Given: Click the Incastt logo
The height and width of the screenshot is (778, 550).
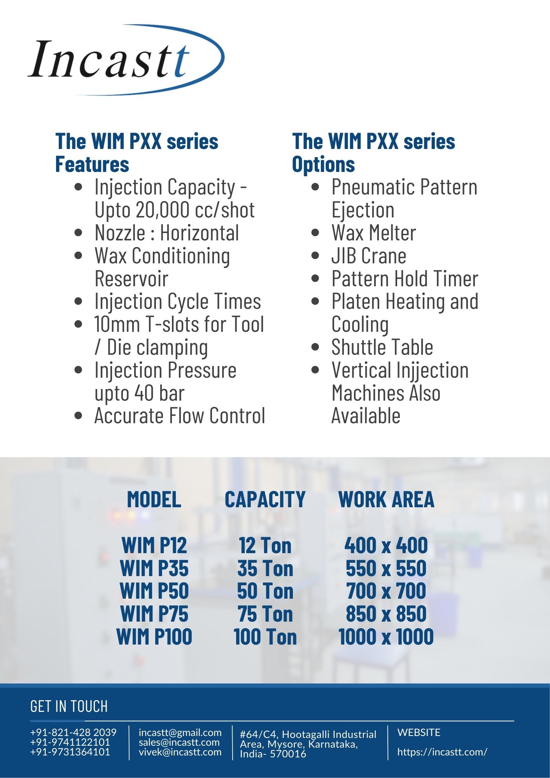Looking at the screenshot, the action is (126, 60).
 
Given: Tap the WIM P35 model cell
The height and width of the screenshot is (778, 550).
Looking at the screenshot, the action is (154, 568).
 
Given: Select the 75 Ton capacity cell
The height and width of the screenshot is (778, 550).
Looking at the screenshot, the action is (265, 614).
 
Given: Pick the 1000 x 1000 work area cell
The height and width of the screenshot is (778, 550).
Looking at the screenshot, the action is (386, 637).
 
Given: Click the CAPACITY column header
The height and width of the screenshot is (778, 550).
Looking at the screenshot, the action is (265, 499).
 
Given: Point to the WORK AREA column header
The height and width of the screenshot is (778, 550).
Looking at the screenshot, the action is (386, 499).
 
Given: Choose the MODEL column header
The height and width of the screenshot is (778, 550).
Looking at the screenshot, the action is (154, 499).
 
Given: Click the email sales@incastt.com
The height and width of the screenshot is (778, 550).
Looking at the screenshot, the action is (179, 742).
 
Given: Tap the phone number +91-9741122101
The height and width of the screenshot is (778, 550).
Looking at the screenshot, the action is (70, 742).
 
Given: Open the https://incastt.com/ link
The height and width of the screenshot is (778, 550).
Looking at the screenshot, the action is (442, 752).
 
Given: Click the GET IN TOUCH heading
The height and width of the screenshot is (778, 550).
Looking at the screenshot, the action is (69, 706).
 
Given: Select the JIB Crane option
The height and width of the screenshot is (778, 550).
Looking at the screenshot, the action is (369, 256).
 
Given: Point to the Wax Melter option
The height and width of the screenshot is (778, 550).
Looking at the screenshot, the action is (373, 233).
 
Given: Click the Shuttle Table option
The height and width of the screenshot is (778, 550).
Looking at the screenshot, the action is (382, 347).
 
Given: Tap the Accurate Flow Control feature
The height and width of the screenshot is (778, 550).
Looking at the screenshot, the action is (180, 416).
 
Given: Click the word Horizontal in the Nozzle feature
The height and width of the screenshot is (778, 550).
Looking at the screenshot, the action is (200, 233).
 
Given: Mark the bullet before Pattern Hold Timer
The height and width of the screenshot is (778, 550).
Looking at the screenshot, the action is (315, 279).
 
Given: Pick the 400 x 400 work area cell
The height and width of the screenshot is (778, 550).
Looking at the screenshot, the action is (386, 545).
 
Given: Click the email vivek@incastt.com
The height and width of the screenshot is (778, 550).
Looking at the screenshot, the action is (180, 752).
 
